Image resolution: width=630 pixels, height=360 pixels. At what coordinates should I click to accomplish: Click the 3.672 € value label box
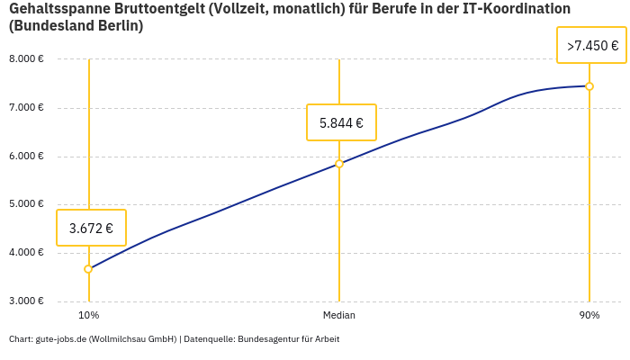point(91,228)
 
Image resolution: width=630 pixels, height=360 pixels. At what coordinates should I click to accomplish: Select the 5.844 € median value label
point(341,122)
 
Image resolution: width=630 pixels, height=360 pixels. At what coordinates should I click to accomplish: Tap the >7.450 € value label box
point(591,45)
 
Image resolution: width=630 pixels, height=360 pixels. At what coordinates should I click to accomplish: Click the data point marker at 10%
point(88,269)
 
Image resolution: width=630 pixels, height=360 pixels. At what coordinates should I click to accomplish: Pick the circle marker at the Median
point(339,164)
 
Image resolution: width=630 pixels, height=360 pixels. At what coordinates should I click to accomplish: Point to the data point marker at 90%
point(589,86)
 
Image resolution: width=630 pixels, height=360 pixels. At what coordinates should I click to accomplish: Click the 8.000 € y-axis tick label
point(26,59)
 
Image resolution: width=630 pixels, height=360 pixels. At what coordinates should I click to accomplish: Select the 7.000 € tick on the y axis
point(26,108)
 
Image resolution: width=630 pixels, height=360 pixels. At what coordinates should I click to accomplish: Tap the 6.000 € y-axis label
point(26,157)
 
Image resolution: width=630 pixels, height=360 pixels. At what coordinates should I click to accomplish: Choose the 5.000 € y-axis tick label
point(26,204)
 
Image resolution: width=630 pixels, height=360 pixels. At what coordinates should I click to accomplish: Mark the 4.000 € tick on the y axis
point(26,253)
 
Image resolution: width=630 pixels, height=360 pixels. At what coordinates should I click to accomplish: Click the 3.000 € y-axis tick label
point(26,301)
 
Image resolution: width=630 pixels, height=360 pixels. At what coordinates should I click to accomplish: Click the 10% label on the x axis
point(88,316)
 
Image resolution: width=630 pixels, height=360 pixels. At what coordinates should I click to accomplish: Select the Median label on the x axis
point(339,316)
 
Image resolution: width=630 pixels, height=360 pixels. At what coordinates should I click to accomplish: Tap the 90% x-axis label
point(589,316)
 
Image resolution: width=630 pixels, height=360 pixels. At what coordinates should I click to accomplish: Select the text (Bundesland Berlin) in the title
point(76,26)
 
